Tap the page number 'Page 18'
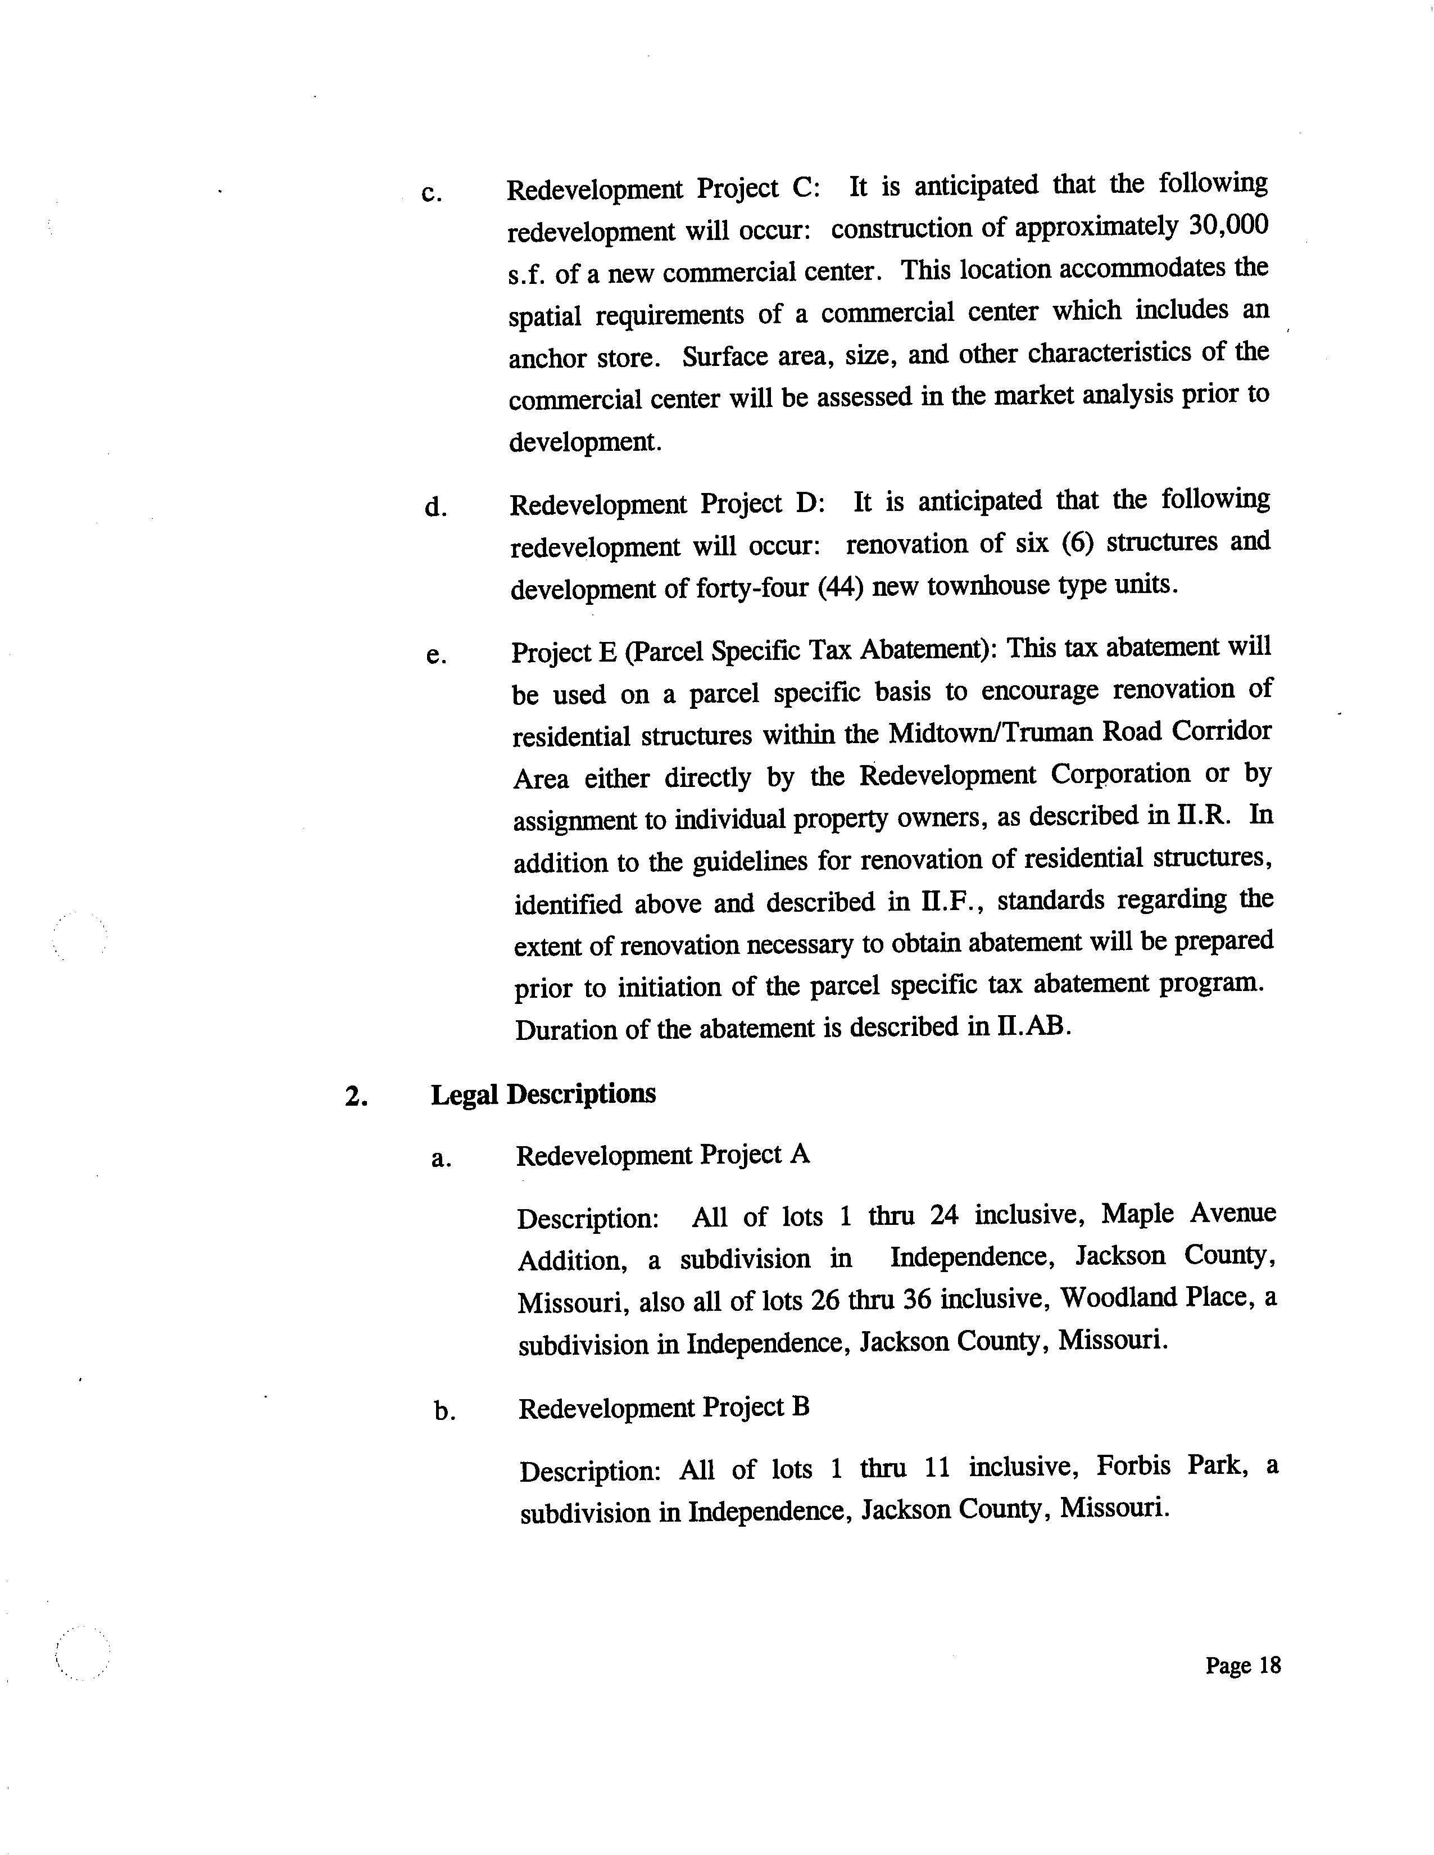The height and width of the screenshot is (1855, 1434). (1242, 1665)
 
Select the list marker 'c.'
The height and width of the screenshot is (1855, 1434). (432, 194)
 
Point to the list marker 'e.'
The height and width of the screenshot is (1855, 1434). (435, 655)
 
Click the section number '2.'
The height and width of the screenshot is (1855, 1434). (356, 1097)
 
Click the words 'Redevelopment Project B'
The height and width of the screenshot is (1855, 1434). (664, 1408)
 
